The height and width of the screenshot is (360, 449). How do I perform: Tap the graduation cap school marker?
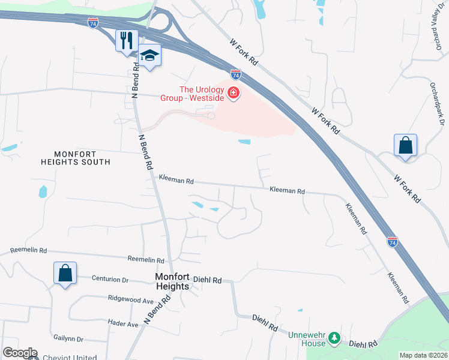[149, 55]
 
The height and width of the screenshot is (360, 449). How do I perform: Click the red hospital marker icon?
[233, 94]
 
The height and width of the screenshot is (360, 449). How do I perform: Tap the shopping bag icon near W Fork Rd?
[405, 145]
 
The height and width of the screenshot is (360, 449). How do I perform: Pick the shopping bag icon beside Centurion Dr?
[65, 274]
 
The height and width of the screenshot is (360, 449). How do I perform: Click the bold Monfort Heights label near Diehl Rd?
[172, 281]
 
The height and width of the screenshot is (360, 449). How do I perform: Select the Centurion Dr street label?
[110, 279]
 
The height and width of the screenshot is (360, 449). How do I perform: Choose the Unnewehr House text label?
[308, 339]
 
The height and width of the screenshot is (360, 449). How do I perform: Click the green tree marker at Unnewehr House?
[336, 340]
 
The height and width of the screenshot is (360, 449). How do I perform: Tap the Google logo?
[19, 353]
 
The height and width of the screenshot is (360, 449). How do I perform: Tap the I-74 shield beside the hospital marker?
[236, 75]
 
